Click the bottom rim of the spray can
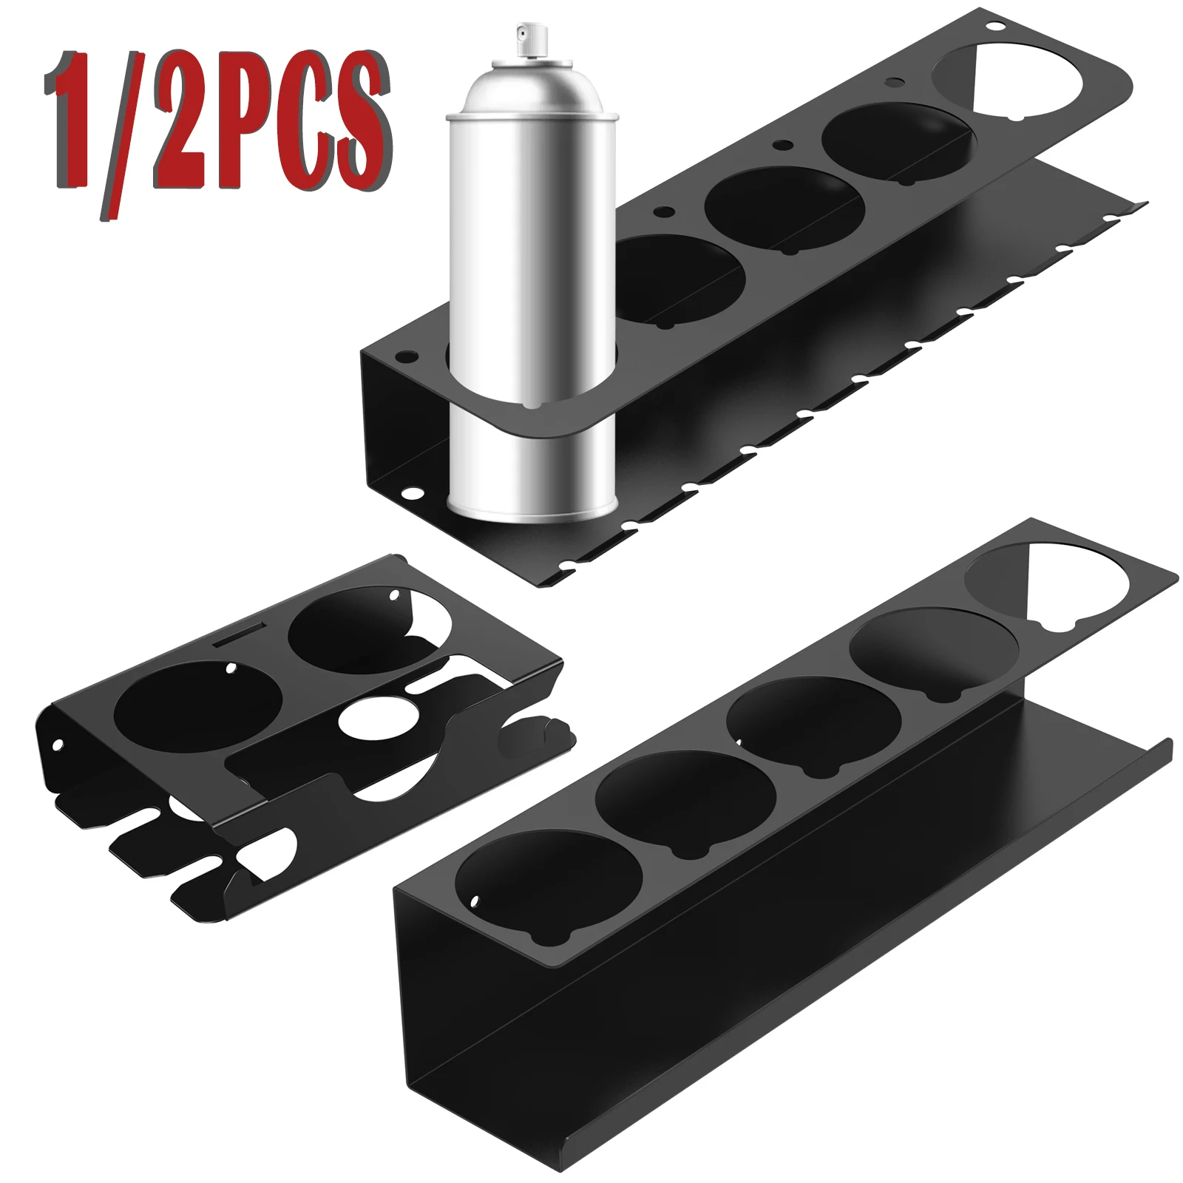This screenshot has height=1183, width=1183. click(532, 510)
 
